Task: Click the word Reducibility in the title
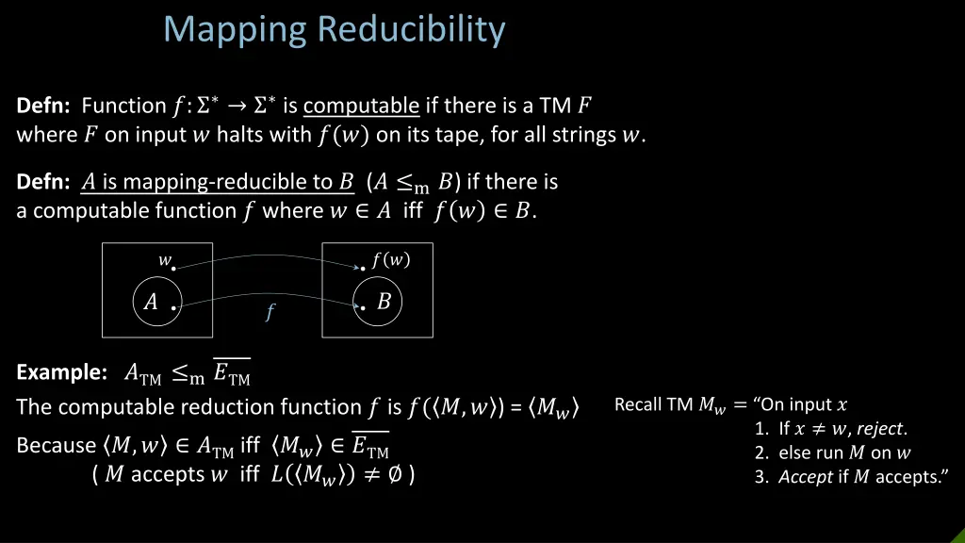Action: pyautogui.click(x=410, y=29)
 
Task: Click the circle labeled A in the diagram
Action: pyautogui.click(x=156, y=302)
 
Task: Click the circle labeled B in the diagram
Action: pyautogui.click(x=378, y=302)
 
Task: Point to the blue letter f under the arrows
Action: pyautogui.click(x=270, y=313)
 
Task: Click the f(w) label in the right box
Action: pyautogui.click(x=390, y=258)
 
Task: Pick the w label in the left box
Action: pyautogui.click(x=164, y=260)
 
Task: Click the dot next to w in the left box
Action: pyautogui.click(x=174, y=269)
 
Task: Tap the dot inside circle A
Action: pyautogui.click(x=174, y=307)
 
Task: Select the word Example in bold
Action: pyautogui.click(x=60, y=373)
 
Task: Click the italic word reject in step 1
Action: pyautogui.click(x=881, y=429)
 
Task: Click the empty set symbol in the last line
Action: pyautogui.click(x=394, y=474)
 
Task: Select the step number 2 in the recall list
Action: pyautogui.click(x=760, y=452)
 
